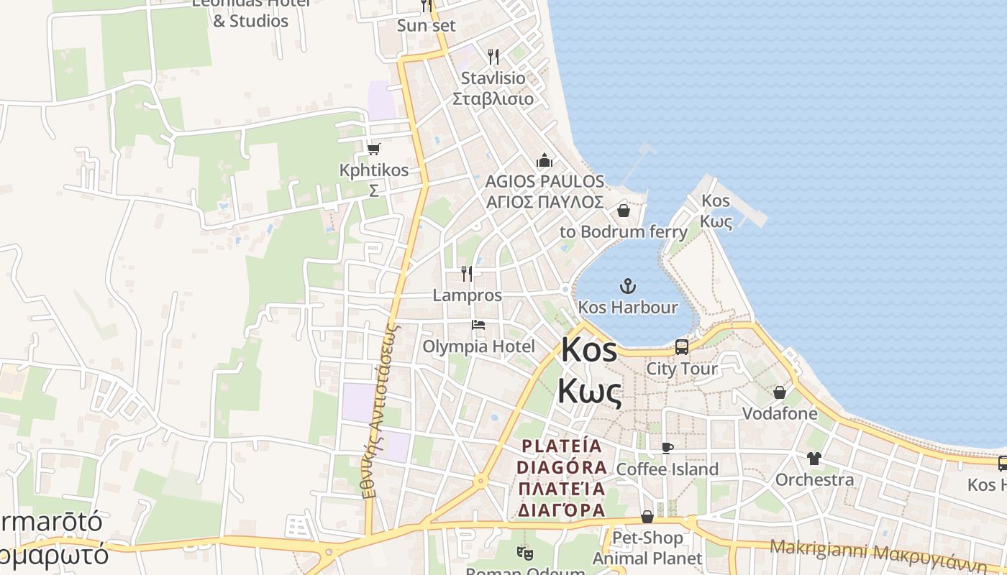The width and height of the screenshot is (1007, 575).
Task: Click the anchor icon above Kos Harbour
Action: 628,287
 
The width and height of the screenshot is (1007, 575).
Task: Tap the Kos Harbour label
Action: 628,308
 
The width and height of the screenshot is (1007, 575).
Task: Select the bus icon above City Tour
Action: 682,347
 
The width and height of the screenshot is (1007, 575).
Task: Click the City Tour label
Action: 682,369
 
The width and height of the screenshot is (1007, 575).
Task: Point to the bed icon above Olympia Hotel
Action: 478,325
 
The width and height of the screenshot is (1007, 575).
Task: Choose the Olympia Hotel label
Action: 478,346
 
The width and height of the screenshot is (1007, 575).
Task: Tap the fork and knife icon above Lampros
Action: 467,273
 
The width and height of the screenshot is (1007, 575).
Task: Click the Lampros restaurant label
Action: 467,295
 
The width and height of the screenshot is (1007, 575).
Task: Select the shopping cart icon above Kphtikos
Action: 373,149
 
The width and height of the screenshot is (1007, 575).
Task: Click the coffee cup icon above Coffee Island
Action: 667,448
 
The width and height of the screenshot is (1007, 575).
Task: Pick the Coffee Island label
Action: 667,469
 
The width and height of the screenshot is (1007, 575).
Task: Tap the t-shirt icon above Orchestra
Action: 814,458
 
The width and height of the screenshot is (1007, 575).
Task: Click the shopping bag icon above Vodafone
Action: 780,392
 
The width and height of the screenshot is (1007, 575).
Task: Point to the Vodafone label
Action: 780,413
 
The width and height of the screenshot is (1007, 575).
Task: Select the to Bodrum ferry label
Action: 623,231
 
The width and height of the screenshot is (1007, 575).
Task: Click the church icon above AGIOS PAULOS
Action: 544,160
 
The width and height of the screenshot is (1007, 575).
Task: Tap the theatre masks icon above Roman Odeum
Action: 524,553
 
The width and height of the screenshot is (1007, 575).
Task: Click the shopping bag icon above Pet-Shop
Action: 647,517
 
